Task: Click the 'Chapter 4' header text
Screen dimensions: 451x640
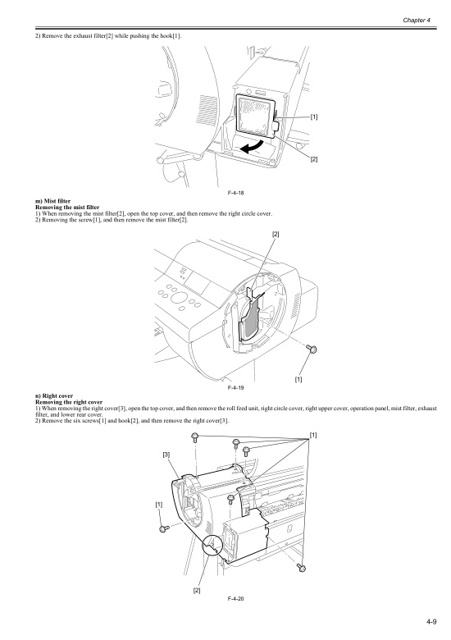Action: (417, 20)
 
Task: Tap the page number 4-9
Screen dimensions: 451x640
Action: (431, 622)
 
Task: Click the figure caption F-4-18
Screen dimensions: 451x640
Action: (235, 193)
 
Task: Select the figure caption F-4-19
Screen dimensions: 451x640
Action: (235, 387)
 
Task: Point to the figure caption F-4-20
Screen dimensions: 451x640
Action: (235, 598)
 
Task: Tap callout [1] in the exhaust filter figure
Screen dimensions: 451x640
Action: (313, 117)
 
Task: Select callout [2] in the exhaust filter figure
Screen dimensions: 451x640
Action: (313, 159)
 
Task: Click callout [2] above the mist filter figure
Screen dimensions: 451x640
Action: (276, 234)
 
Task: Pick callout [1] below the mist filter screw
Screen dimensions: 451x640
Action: (298, 379)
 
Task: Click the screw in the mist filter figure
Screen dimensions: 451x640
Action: (312, 349)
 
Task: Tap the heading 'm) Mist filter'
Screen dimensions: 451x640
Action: (53, 201)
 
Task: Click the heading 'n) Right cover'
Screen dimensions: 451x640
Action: (54, 396)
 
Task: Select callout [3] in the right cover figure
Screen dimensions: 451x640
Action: (166, 455)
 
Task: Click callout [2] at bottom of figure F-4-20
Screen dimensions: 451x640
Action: (197, 590)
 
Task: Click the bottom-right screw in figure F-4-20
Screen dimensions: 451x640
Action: (301, 567)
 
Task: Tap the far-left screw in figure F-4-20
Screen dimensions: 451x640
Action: (164, 528)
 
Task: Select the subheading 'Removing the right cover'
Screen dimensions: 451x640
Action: (69, 402)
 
